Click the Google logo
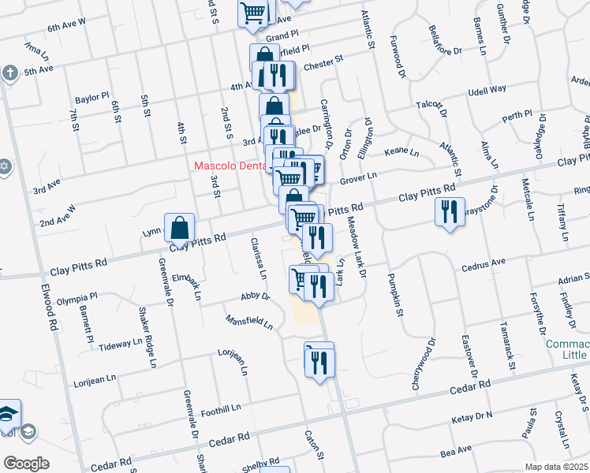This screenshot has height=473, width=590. coord(26,464)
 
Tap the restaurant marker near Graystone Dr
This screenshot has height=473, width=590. coord(449,212)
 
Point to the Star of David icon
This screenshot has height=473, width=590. coord(4,168)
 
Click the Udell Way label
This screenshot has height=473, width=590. coord(487,90)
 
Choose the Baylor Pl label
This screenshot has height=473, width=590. coord(91,99)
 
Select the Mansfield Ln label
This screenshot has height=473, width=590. coord(248,322)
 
